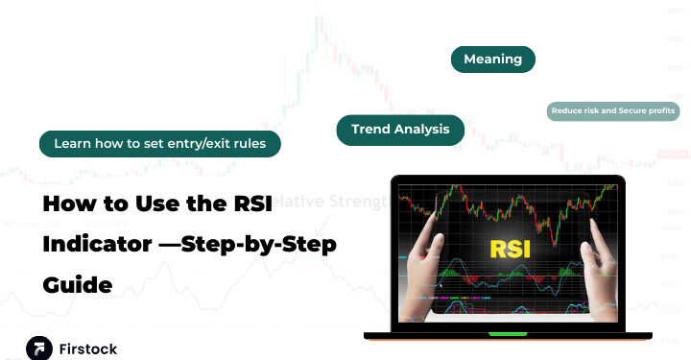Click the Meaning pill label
(x=492, y=60)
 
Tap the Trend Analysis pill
(x=400, y=130)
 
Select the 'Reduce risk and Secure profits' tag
(x=614, y=111)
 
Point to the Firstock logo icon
(x=39, y=348)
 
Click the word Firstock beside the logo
(x=88, y=348)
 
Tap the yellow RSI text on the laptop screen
(x=511, y=248)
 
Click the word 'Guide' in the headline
(x=77, y=285)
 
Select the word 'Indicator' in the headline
(x=95, y=245)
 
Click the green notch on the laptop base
(x=508, y=334)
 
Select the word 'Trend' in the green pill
(x=370, y=130)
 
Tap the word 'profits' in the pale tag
(x=660, y=111)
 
